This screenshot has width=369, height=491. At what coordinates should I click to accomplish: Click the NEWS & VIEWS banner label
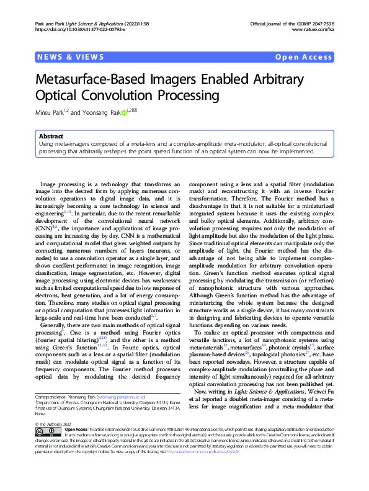(71, 57)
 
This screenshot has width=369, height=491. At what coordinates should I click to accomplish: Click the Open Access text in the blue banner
(304, 57)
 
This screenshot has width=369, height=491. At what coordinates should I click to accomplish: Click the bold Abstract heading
(51, 135)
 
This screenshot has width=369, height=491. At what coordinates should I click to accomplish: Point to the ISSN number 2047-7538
(321, 23)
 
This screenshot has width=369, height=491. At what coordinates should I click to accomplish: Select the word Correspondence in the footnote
(50, 395)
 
